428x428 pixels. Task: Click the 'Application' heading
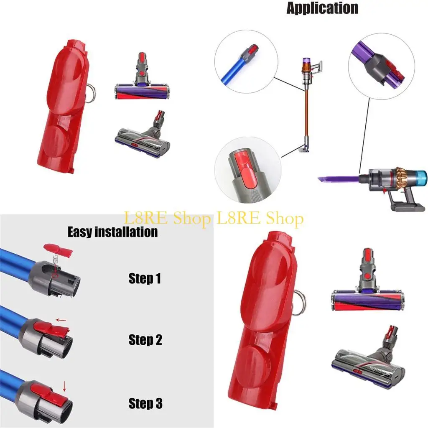[x=322, y=8]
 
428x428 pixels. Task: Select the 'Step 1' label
[x=145, y=279]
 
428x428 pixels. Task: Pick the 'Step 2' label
[x=145, y=340]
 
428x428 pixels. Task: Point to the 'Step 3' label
[x=145, y=403]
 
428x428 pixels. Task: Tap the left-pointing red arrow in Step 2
[x=61, y=321]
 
